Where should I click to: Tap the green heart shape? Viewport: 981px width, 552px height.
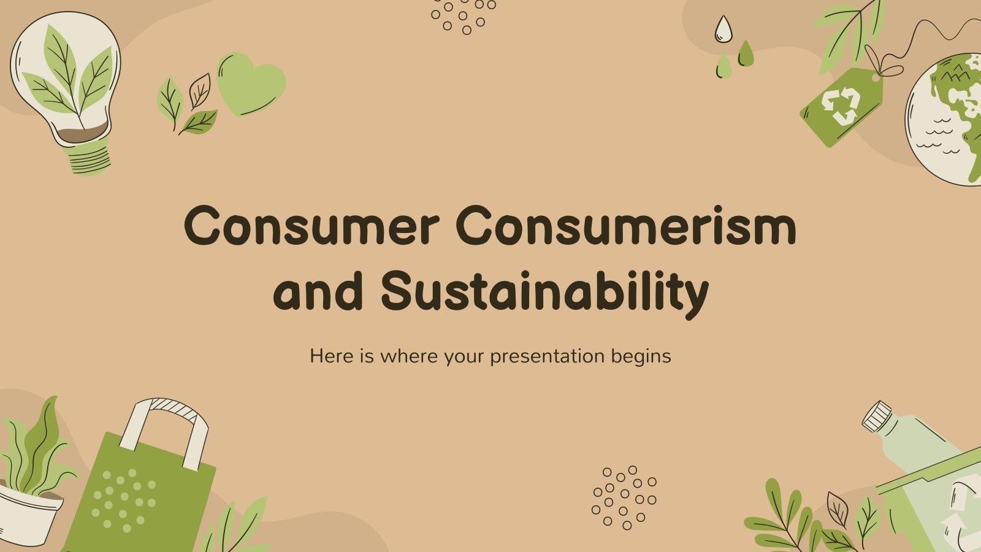251,83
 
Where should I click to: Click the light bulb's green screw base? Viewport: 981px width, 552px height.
90,158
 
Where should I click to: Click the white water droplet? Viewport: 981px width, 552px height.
724,29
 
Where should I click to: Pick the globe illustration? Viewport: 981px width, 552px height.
947,120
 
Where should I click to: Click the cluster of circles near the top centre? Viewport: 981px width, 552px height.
463,15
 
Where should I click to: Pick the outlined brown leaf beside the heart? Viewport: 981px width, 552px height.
199,91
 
